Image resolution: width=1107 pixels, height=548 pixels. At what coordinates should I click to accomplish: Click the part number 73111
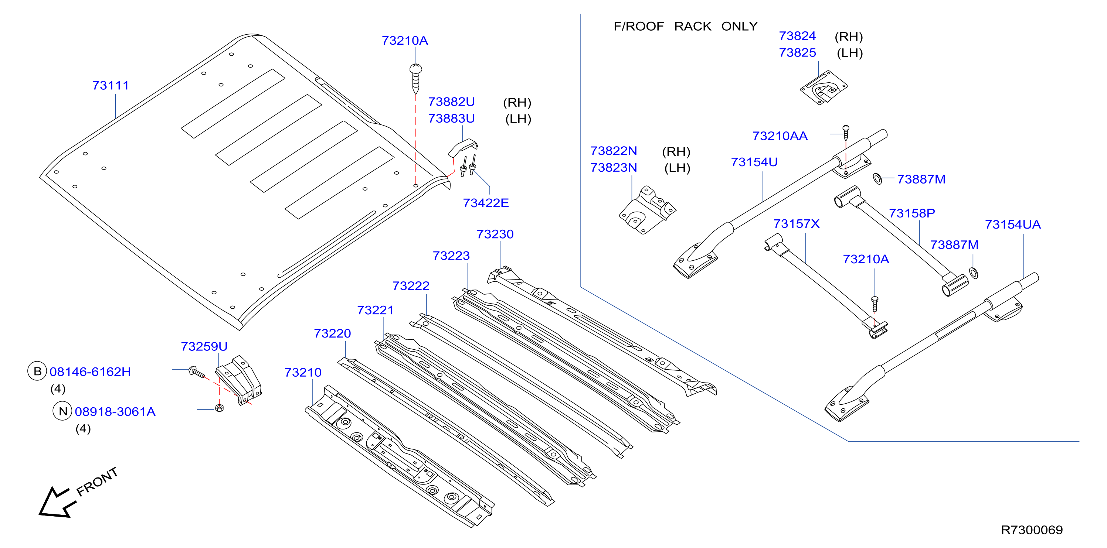coord(111,85)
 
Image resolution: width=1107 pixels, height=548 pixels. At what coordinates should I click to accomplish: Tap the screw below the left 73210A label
coord(415,79)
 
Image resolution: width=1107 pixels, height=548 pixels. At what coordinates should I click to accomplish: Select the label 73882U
coord(451,102)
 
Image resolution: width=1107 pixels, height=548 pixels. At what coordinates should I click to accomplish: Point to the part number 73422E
coord(486,203)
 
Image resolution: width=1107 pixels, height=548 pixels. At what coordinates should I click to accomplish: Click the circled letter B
coord(37,371)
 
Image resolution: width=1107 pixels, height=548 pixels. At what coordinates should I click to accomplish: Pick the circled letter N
coord(63,411)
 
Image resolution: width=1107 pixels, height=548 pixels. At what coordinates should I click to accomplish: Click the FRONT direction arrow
coord(56,503)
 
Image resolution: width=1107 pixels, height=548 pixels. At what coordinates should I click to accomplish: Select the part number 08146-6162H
coord(90,372)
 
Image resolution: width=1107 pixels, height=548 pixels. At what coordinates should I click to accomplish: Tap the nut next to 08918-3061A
coord(219,408)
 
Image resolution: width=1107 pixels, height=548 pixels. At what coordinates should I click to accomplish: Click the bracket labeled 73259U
coord(238,380)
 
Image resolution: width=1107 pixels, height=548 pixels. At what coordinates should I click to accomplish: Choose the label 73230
coord(495,234)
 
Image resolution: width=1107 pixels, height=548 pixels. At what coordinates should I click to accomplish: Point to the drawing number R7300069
coord(1032,530)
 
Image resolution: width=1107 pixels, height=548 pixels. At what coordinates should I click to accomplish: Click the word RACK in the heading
coord(693,26)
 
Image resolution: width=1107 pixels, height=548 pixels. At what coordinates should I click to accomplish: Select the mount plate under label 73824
coord(824,88)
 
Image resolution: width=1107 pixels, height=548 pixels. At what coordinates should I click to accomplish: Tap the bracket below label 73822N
coord(647,210)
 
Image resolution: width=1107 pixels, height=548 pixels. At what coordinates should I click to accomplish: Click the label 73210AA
coord(780,136)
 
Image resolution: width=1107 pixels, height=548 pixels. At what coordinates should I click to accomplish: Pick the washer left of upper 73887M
coord(877,179)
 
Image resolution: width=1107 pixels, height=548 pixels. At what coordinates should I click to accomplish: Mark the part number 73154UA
coord(1013,225)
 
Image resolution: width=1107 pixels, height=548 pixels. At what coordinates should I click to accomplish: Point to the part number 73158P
coord(912,213)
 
